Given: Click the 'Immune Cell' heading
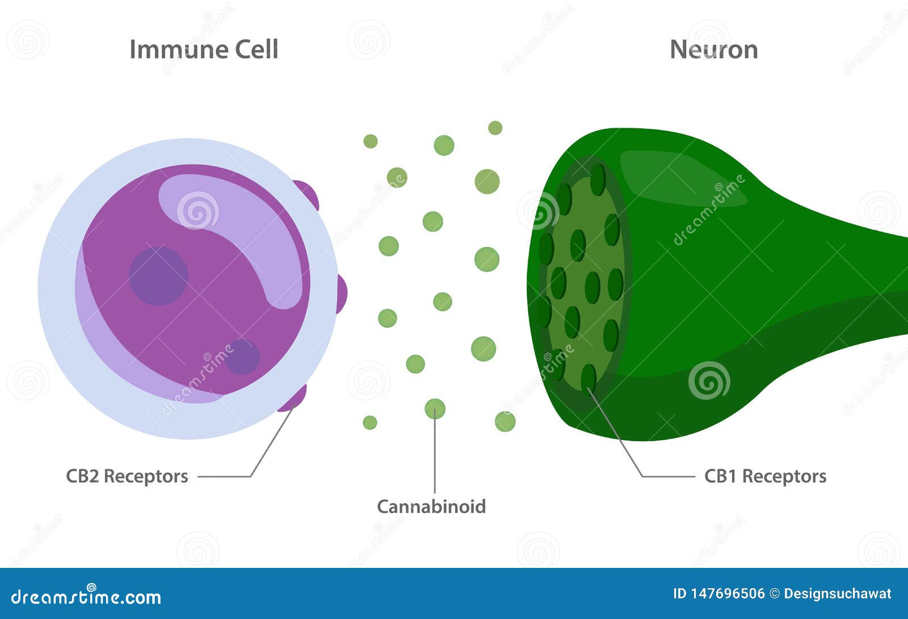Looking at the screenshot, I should pyautogui.click(x=204, y=49).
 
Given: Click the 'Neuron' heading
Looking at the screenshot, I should pyautogui.click(x=713, y=49).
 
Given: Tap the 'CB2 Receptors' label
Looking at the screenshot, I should pyautogui.click(x=127, y=476).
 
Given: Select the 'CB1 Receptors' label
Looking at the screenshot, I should pyautogui.click(x=765, y=476).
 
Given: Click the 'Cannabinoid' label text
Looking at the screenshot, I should pyautogui.click(x=431, y=506).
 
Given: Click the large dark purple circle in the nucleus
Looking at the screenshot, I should pyautogui.click(x=158, y=276).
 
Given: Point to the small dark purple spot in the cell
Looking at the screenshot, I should pyautogui.click(x=242, y=357).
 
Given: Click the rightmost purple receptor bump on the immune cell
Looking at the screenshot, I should pyautogui.click(x=341, y=293).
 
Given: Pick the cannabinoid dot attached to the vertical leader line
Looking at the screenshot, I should pyautogui.click(x=435, y=409).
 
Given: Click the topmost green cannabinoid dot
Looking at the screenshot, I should pyautogui.click(x=495, y=128).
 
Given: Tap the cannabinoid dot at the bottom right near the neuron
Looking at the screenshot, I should pyautogui.click(x=505, y=421).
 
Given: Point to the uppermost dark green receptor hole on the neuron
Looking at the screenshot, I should pyautogui.click(x=598, y=179).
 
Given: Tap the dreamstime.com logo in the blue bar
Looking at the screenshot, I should pyautogui.click(x=86, y=596).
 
